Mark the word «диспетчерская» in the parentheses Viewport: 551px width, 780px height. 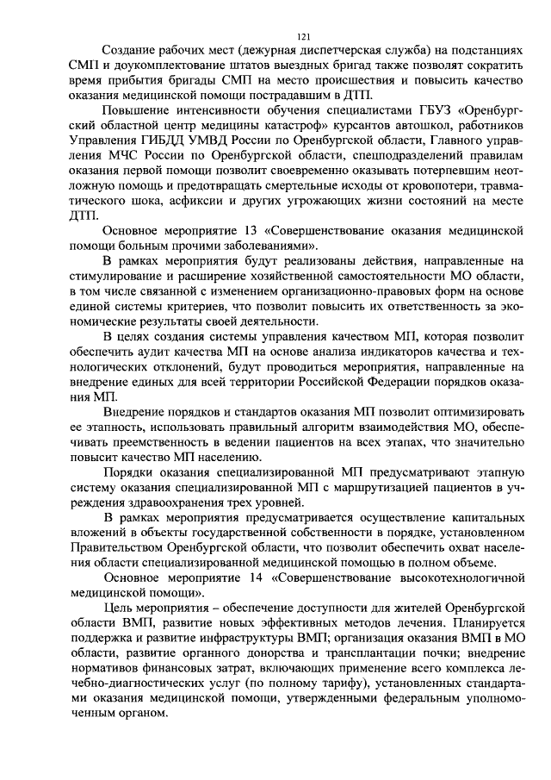[x=322, y=51]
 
